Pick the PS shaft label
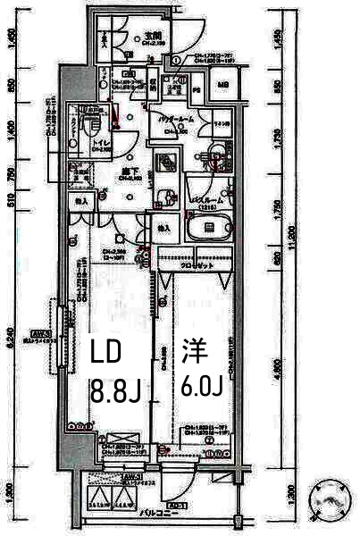196,88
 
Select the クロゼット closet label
194,266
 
